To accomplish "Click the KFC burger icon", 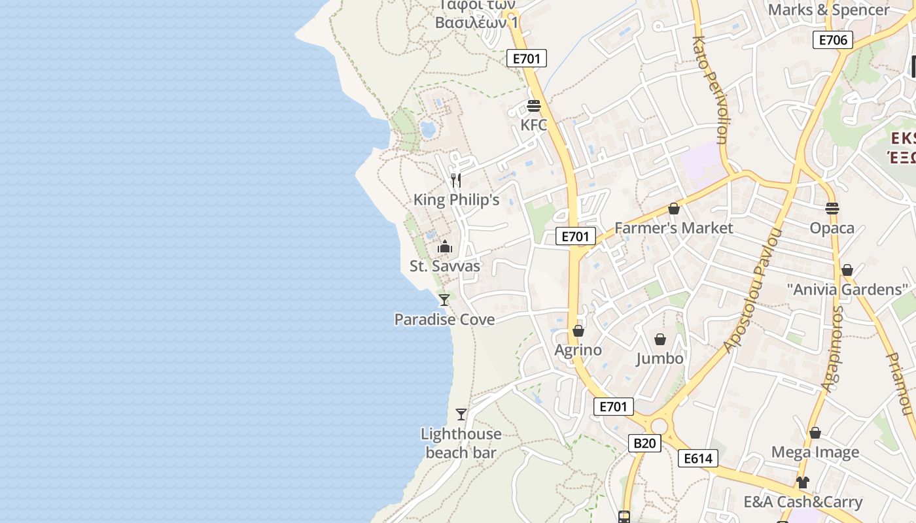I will pos(534,106).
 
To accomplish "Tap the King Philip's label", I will pos(456,199).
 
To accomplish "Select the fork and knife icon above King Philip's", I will pos(456,180).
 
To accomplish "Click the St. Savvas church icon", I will pos(445,246).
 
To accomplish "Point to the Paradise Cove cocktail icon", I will pos(444,300).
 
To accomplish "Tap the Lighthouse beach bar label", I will pos(461,443).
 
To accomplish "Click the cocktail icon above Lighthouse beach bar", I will pos(461,414).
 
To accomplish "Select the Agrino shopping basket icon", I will pos(578,331).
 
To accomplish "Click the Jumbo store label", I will pos(660,358).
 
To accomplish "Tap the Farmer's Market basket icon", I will pos(674,209).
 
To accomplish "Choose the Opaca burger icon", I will pos(832,209).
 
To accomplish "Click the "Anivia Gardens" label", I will pos(847,289).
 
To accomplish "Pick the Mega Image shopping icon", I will pos(815,433).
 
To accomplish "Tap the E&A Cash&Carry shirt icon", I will pos(803,482).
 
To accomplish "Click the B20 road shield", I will pos(644,443).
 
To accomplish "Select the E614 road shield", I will pos(697,458).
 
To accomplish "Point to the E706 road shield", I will pos(833,40).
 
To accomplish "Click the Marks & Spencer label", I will pos(828,10).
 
